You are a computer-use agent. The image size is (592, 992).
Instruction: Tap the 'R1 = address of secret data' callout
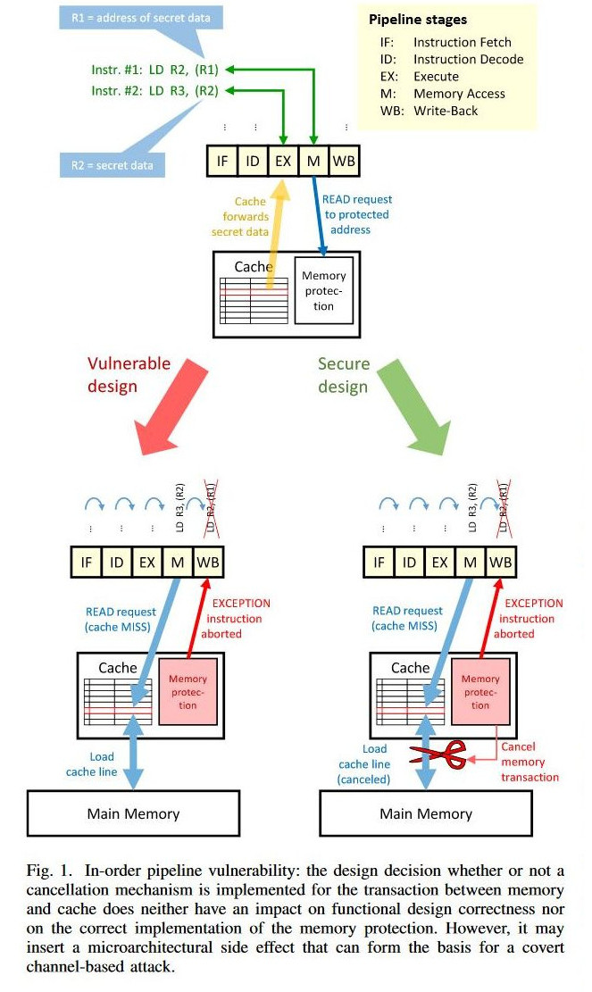pyautogui.click(x=134, y=17)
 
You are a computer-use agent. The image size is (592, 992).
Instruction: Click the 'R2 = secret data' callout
pyautogui.click(x=112, y=165)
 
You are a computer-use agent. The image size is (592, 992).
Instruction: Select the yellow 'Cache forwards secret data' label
pyautogui.click(x=238, y=217)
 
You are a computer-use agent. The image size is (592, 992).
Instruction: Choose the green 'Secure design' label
pyautogui.click(x=343, y=374)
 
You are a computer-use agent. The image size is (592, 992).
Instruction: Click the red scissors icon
pyautogui.click(x=438, y=755)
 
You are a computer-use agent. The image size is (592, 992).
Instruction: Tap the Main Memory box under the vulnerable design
pyautogui.click(x=133, y=813)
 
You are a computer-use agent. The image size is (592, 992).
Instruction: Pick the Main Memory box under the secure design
pyautogui.click(x=426, y=813)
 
